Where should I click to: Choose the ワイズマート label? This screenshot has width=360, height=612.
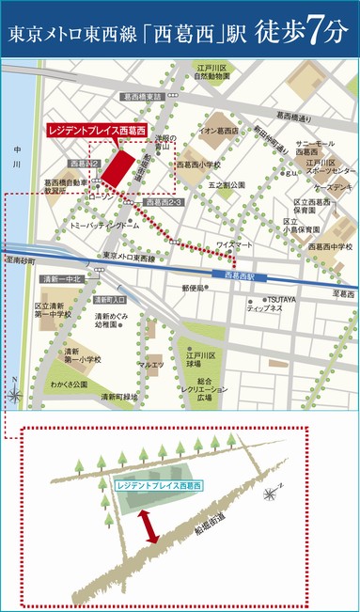pyautogui.click(x=234, y=244)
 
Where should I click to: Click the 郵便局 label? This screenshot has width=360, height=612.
pyautogui.click(x=219, y=288)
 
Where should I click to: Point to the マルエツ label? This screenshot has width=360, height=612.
pyautogui.click(x=150, y=364)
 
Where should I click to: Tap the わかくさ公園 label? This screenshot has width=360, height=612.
pyautogui.click(x=68, y=384)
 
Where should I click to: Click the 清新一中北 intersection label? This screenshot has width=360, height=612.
pyautogui.click(x=63, y=279)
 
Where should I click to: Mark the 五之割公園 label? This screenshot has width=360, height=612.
pyautogui.click(x=227, y=185)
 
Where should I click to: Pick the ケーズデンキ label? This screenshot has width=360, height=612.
pyautogui.click(x=334, y=188)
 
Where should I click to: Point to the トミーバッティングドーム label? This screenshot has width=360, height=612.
pyautogui.click(x=105, y=227)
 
